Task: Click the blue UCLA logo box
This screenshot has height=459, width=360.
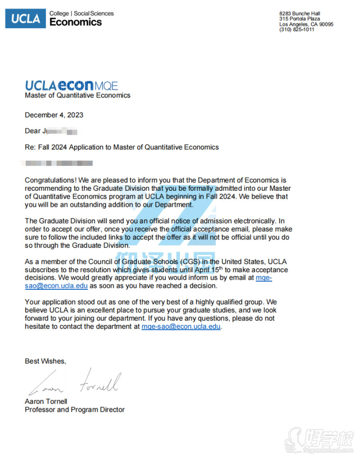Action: coord(25,18)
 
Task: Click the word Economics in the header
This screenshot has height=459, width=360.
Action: coord(76,22)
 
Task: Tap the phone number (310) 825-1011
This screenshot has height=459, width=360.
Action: coord(297,30)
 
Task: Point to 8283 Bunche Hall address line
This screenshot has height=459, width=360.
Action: coord(299,13)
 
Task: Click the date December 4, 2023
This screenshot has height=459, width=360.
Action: coord(54,115)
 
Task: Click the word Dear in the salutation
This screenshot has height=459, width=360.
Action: coord(32,131)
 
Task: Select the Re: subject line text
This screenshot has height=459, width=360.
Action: coord(121,147)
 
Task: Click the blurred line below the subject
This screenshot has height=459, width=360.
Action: coord(58,163)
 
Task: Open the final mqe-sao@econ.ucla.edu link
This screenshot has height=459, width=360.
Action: coord(181,327)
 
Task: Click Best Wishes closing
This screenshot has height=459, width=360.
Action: coord(45,361)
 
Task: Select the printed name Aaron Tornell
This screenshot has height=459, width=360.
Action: coord(46,401)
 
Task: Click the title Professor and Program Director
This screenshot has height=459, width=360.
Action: coord(75,409)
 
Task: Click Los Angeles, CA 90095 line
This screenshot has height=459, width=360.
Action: coord(306,24)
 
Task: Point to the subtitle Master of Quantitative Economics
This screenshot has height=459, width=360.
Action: coord(77,95)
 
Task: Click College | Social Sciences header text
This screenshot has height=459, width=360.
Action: coord(81,13)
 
